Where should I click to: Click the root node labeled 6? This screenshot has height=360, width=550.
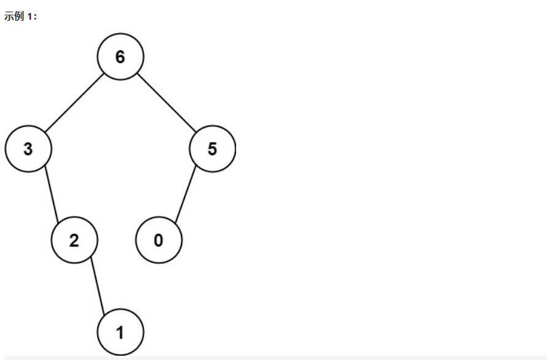coord(120,56)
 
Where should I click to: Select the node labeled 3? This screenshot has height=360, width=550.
coord(28,149)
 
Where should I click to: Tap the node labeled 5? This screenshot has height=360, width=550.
coord(212,149)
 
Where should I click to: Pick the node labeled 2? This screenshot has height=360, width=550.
coord(74,240)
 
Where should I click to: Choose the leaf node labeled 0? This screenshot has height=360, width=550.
coord(159,240)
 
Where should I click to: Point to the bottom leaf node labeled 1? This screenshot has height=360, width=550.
coord(120,332)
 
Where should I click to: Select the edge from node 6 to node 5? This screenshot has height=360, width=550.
coord(166,102)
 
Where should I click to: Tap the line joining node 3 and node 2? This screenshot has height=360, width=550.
coord(51,194)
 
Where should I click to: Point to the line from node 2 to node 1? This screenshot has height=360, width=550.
coord(97,286)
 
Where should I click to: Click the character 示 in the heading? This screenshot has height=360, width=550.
coord(8,17)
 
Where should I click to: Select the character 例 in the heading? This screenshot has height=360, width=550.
coord(18,17)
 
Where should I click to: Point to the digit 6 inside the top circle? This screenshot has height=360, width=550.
coord(120,57)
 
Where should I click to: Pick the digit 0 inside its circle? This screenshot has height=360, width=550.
coord(159,241)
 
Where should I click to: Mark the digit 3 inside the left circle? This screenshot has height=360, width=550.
coord(28,149)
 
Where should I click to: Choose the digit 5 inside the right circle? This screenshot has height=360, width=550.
coord(212,149)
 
